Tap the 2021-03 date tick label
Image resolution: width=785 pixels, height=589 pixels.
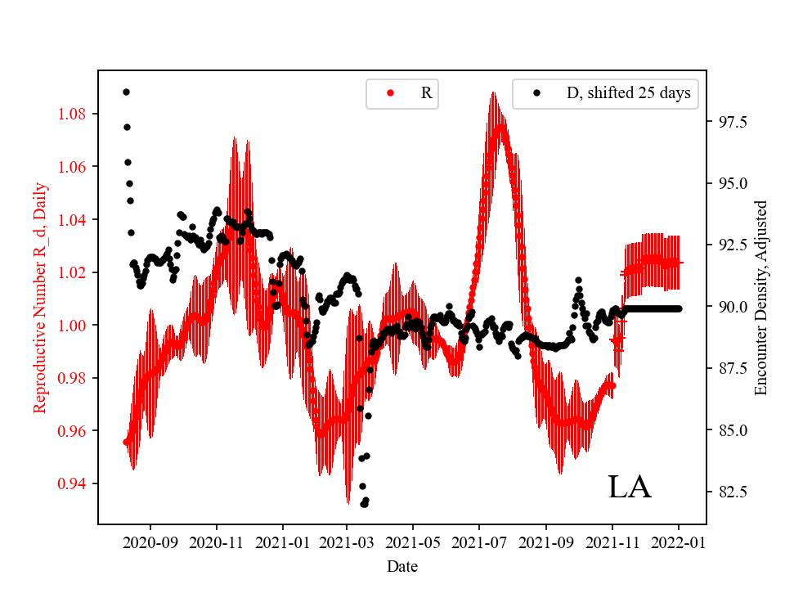(348, 542)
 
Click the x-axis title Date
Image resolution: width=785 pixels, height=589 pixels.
(402, 565)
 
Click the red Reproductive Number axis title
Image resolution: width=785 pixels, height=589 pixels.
(40, 298)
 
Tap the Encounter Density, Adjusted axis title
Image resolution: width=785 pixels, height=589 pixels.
(762, 298)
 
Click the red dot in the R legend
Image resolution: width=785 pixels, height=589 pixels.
(390, 93)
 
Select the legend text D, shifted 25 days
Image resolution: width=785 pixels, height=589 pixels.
(628, 93)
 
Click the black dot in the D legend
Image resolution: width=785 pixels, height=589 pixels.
(536, 93)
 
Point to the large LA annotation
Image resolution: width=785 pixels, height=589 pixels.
(629, 488)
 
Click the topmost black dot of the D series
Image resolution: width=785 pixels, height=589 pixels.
(126, 92)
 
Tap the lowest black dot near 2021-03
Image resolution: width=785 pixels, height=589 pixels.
(364, 504)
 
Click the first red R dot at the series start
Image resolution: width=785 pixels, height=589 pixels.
(126, 442)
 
